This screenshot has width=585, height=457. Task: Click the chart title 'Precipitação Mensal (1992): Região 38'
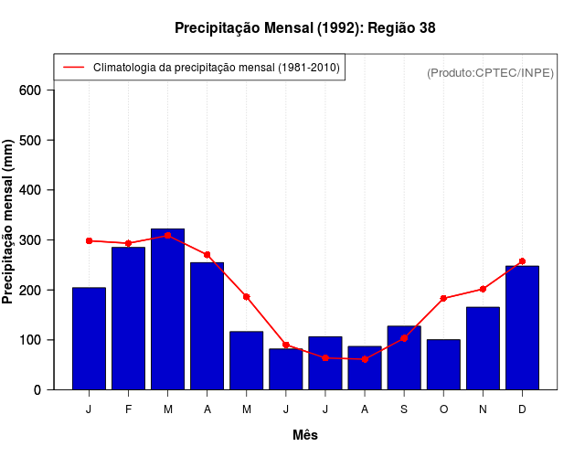(305, 28)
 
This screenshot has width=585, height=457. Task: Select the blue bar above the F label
(128, 318)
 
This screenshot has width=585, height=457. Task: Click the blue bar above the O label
(443, 365)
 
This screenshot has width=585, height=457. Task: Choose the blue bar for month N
(483, 348)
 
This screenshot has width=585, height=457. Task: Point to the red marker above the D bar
(522, 261)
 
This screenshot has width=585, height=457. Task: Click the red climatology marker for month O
(443, 299)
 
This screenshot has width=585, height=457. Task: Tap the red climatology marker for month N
(483, 289)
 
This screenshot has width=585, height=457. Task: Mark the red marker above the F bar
(128, 243)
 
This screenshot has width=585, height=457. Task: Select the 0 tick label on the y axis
(37, 390)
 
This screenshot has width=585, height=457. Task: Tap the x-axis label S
(404, 409)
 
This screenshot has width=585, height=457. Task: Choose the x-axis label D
(522, 409)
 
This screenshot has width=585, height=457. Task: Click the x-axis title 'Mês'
(305, 436)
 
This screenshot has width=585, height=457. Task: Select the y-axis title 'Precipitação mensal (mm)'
(9, 222)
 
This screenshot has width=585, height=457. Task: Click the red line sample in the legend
(73, 68)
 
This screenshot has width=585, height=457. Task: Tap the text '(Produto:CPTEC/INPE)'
(491, 72)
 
